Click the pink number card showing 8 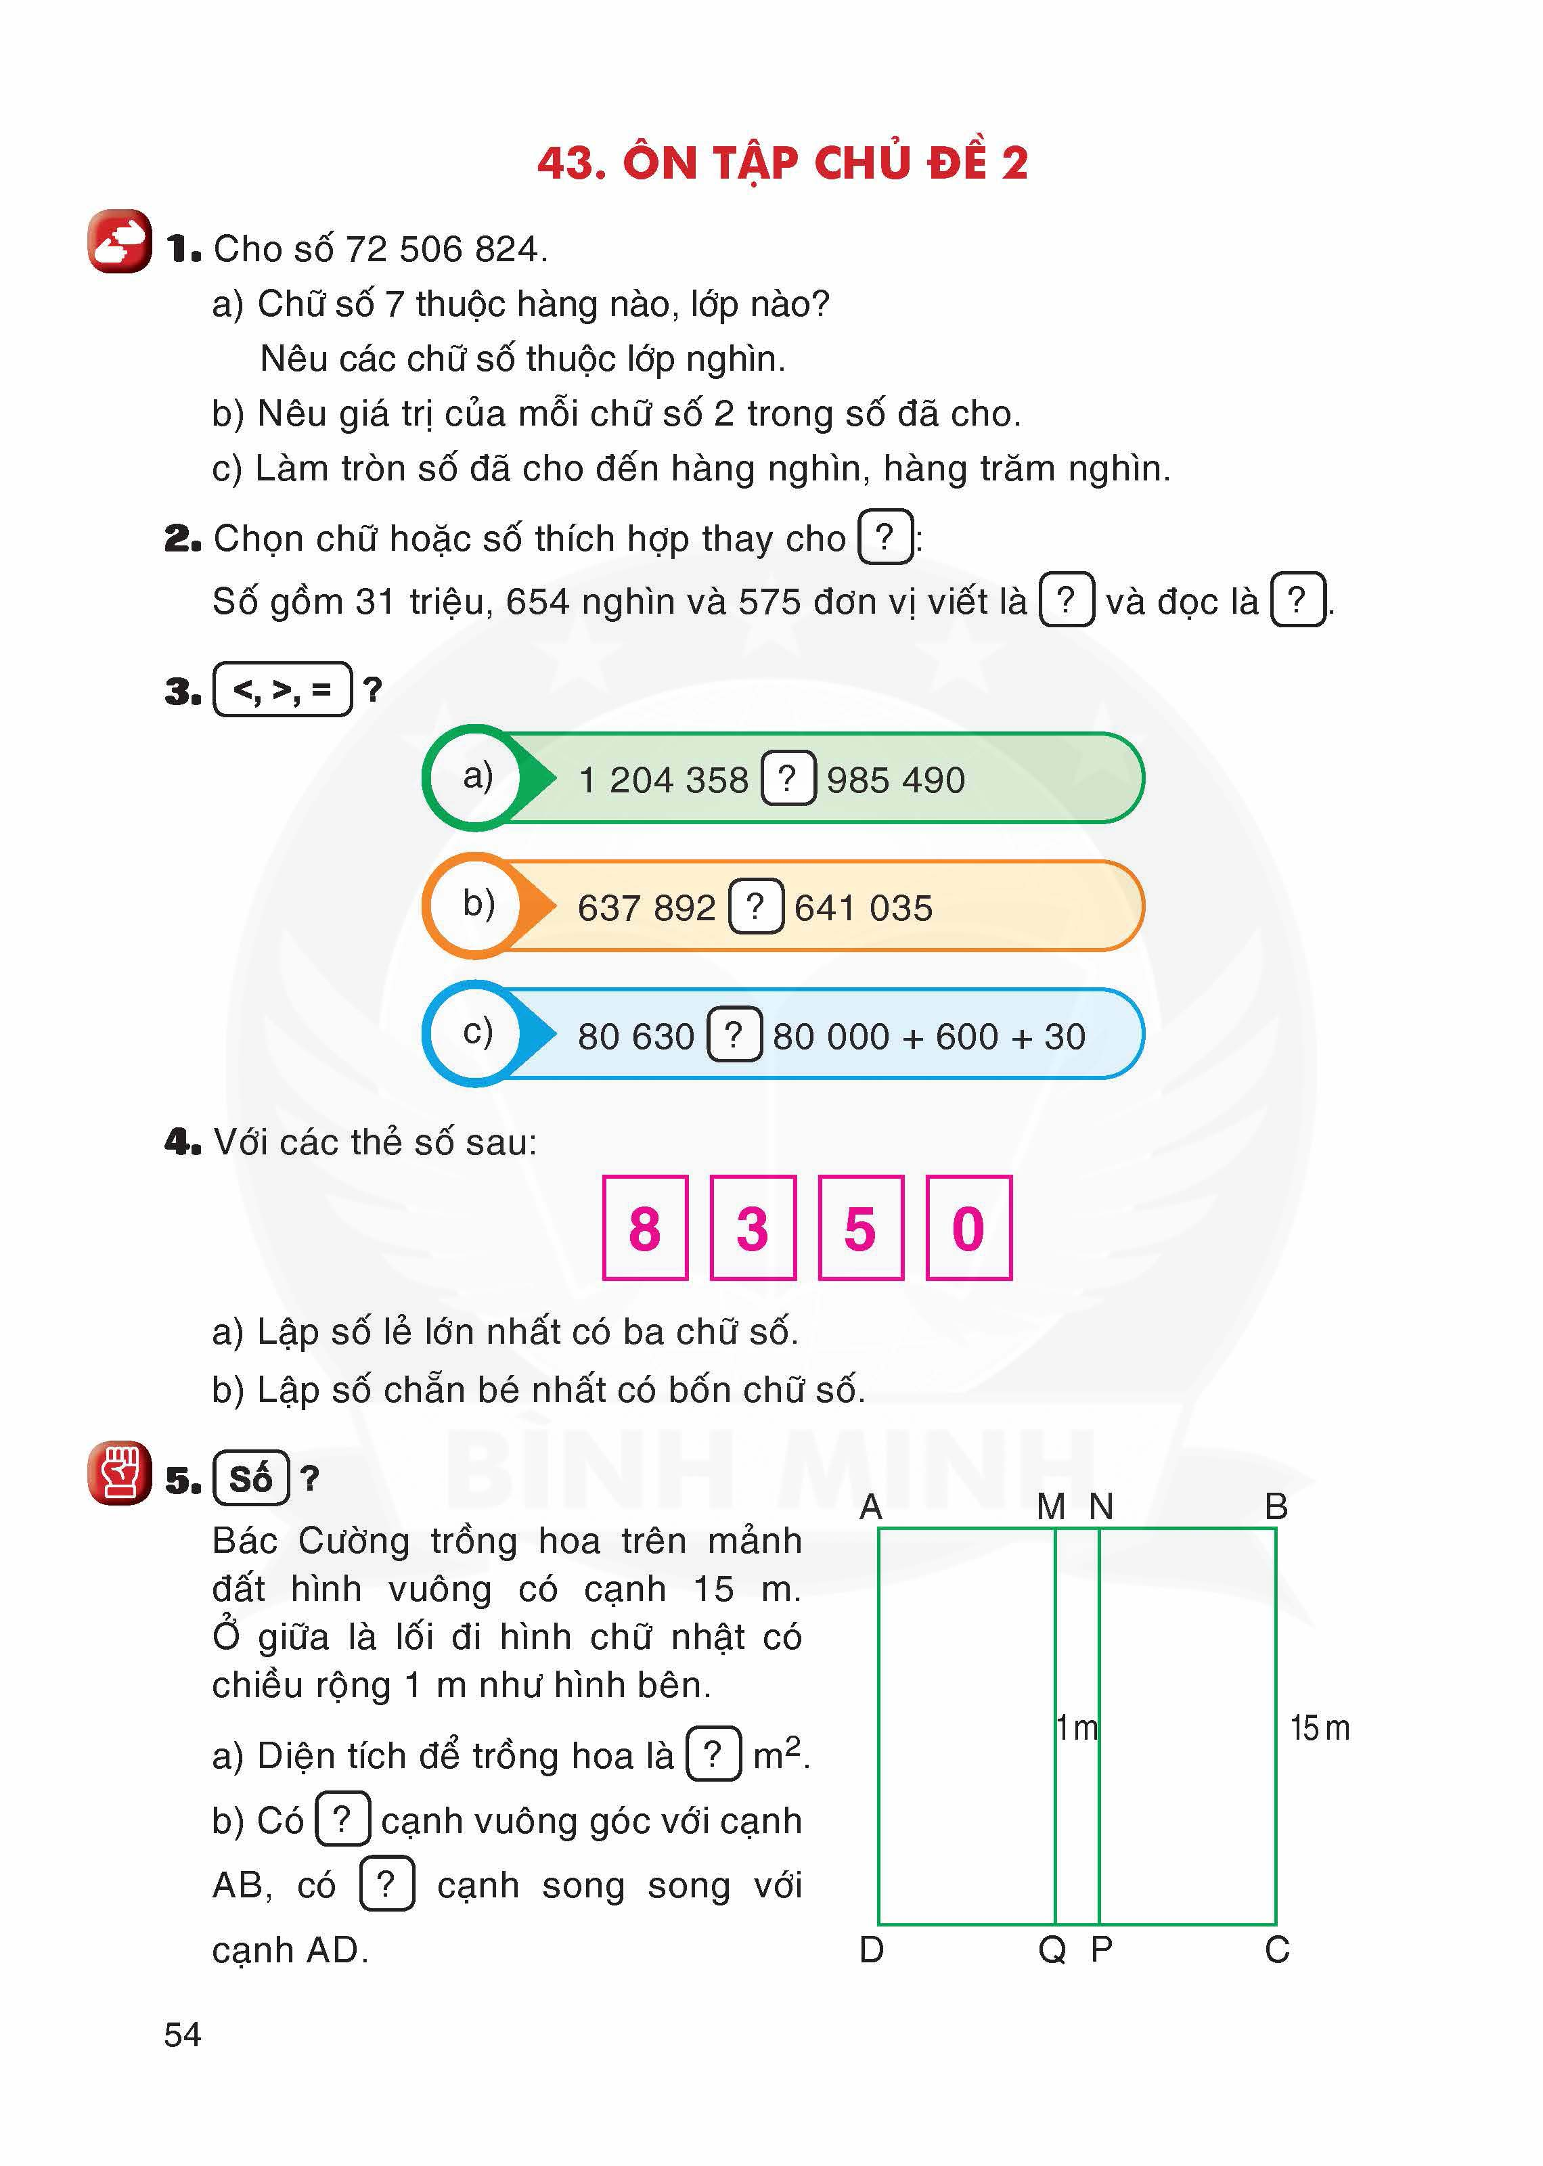tap(645, 1227)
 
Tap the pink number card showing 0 tap(968, 1227)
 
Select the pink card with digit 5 tap(860, 1227)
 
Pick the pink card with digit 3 tap(753, 1227)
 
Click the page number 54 tap(183, 2034)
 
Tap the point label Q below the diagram tap(1052, 1949)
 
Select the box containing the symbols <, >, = tap(283, 689)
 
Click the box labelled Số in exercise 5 tap(251, 1479)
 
